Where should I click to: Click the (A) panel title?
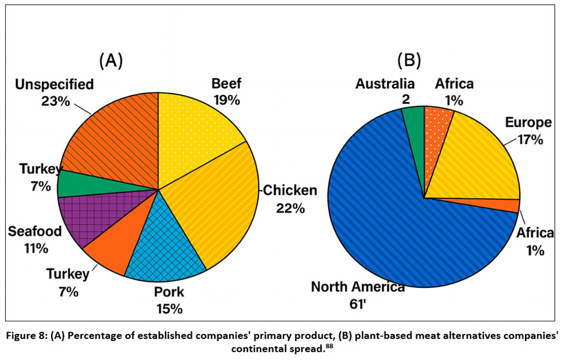coord(111,61)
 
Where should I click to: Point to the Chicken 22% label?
coord(290,199)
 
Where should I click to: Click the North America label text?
coord(357,287)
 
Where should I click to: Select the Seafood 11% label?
coord(35,240)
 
